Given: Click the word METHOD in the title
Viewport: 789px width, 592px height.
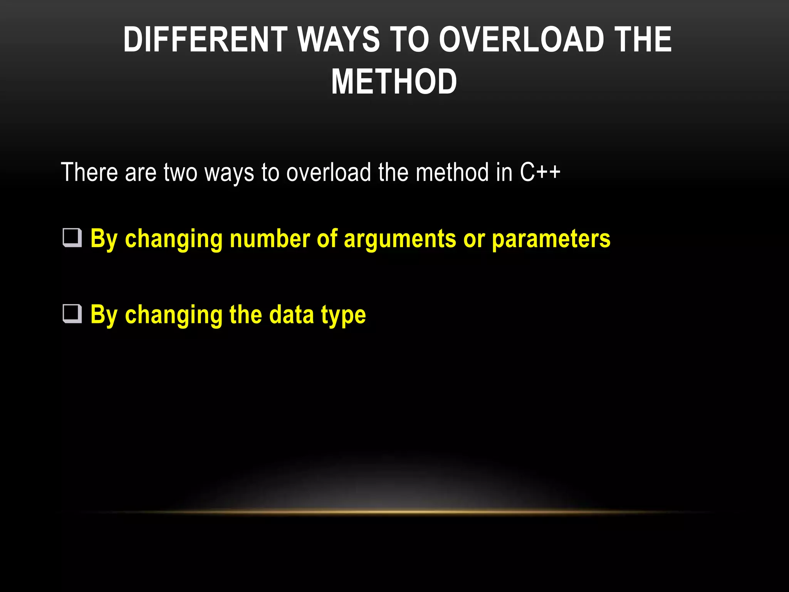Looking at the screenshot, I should click(394, 82).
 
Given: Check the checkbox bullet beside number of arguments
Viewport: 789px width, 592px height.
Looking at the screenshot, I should click(72, 238).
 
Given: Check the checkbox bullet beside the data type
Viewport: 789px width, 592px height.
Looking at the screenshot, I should click(72, 314).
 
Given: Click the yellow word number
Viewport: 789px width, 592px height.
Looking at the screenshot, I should click(270, 239).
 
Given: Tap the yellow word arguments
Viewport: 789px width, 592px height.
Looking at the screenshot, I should click(400, 239).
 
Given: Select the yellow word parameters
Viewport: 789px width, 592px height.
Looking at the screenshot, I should click(551, 239).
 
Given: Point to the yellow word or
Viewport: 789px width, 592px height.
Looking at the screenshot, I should click(474, 239).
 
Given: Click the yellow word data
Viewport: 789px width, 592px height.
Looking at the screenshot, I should click(292, 314).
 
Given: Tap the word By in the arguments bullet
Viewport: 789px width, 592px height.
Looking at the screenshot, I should click(104, 239).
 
